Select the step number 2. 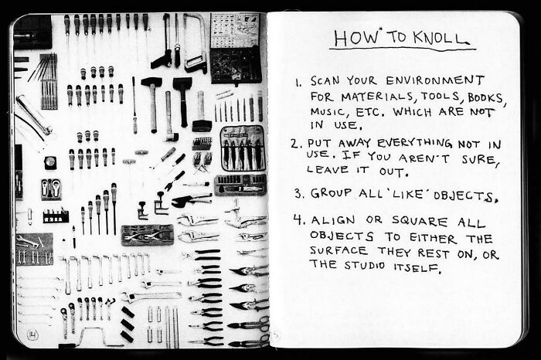click(x=296, y=144)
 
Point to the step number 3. click(x=298, y=194)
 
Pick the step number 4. click(x=298, y=221)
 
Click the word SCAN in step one click(x=325, y=81)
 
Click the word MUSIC click(x=328, y=112)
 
